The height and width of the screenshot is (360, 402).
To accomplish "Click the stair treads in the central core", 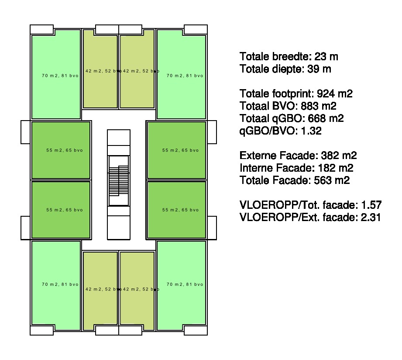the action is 119,180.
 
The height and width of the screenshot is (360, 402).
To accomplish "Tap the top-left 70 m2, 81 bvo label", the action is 60,76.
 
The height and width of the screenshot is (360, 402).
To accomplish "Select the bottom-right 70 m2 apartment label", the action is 185,284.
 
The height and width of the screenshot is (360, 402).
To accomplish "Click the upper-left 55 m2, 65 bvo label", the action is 65,150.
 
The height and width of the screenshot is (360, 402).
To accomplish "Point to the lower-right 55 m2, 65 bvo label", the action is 181,210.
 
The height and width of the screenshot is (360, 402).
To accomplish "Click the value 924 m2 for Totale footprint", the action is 335,93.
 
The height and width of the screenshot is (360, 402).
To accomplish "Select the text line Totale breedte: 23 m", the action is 289,56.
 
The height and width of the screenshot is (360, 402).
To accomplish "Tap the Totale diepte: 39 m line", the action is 285,69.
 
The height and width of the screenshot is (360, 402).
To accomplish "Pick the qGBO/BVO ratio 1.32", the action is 311,131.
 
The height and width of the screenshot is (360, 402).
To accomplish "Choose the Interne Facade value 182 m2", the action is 336,168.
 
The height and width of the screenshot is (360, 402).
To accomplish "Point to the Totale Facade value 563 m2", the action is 332,180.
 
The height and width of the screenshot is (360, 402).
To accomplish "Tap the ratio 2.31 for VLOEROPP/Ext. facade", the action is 371,217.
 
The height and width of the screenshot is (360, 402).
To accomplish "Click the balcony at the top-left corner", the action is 42,30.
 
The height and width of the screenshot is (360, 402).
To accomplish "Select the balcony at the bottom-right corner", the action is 196,330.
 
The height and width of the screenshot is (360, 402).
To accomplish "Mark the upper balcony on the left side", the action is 25,132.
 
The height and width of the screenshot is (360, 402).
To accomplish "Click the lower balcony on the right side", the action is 212,228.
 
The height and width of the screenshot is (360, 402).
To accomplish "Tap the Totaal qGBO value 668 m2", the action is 326,118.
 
